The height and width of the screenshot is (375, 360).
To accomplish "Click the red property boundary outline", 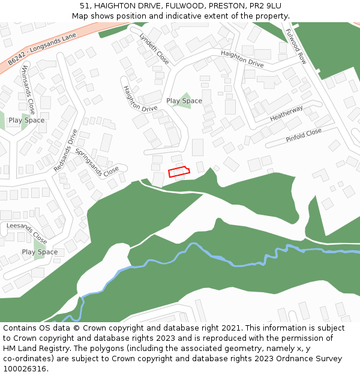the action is [x=178, y=172].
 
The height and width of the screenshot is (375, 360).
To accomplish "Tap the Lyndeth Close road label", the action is [x=154, y=48].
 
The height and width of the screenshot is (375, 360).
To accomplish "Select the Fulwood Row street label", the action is [x=296, y=46].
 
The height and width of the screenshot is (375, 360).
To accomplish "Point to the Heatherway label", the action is [x=286, y=113].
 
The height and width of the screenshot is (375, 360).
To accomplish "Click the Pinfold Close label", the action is [x=304, y=136].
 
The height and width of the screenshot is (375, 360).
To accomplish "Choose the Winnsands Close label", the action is [x=28, y=91].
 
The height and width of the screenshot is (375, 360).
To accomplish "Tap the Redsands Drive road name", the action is [x=65, y=150].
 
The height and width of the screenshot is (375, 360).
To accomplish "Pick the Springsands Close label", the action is [x=97, y=163].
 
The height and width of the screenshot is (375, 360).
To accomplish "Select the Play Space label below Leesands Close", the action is [x=40, y=252].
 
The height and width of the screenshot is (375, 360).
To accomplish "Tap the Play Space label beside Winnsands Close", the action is [x=26, y=120].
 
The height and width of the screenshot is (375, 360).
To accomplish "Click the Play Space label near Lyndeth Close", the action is [x=184, y=101].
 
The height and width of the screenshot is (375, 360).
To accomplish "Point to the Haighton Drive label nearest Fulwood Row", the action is [x=242, y=59].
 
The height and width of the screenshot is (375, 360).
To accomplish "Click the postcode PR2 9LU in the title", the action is [x=265, y=6].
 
